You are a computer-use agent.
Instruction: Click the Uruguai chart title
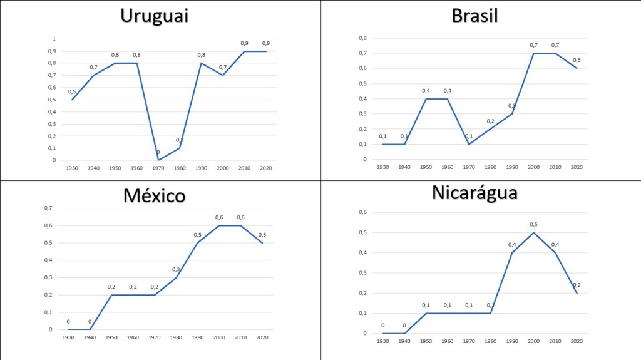(x=155, y=16)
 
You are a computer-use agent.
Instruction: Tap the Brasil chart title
(x=474, y=16)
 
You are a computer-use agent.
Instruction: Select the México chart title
(x=155, y=195)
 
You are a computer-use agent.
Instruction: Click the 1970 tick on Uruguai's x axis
(x=158, y=168)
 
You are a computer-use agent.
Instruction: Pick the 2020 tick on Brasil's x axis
(x=577, y=167)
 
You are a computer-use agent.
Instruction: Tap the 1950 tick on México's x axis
(x=111, y=337)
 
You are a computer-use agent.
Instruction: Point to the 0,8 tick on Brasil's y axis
(x=362, y=38)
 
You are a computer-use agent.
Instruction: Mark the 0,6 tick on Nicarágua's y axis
(x=362, y=212)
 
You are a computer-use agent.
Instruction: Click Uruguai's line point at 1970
(x=158, y=160)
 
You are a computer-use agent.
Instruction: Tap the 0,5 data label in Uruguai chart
(x=71, y=91)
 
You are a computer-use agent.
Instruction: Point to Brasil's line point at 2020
(x=577, y=68)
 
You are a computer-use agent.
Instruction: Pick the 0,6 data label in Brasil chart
(x=577, y=60)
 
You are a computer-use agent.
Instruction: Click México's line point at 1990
(x=198, y=243)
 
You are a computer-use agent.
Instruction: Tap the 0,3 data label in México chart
(x=176, y=269)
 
